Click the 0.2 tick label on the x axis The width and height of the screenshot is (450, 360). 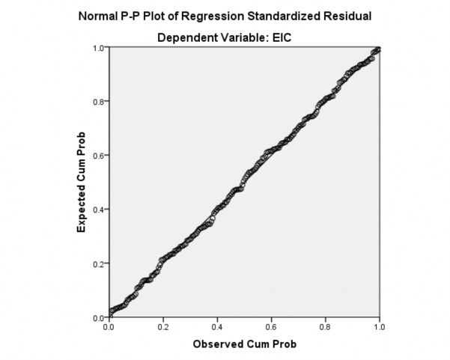pyautogui.click(x=162, y=327)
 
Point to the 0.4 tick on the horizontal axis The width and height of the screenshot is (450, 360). pyautogui.click(x=217, y=327)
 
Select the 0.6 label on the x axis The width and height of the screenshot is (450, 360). pyautogui.click(x=271, y=327)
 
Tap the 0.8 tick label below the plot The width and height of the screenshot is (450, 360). pyautogui.click(x=325, y=327)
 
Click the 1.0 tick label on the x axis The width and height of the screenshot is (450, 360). pyautogui.click(x=379, y=327)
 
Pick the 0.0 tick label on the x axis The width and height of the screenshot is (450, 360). pyautogui.click(x=109, y=327)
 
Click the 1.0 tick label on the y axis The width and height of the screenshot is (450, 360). pyautogui.click(x=98, y=48)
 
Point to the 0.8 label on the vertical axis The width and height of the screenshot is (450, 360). pyautogui.click(x=98, y=102)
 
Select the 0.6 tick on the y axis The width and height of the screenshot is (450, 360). pyautogui.click(x=98, y=156)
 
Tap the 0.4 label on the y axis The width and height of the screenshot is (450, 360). pyautogui.click(x=98, y=210)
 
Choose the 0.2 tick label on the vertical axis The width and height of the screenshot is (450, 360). pyautogui.click(x=98, y=263)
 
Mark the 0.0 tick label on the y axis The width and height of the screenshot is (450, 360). pyautogui.click(x=98, y=317)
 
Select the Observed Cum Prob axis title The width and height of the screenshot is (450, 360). pyautogui.click(x=243, y=344)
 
